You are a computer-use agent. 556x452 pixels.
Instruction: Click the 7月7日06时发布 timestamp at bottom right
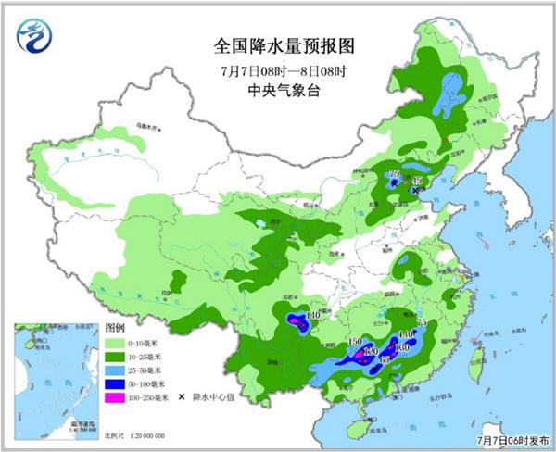[514, 443]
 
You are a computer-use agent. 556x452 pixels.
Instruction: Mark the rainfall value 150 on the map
[353, 343]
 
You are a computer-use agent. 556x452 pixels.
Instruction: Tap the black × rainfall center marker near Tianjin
[414, 190]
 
